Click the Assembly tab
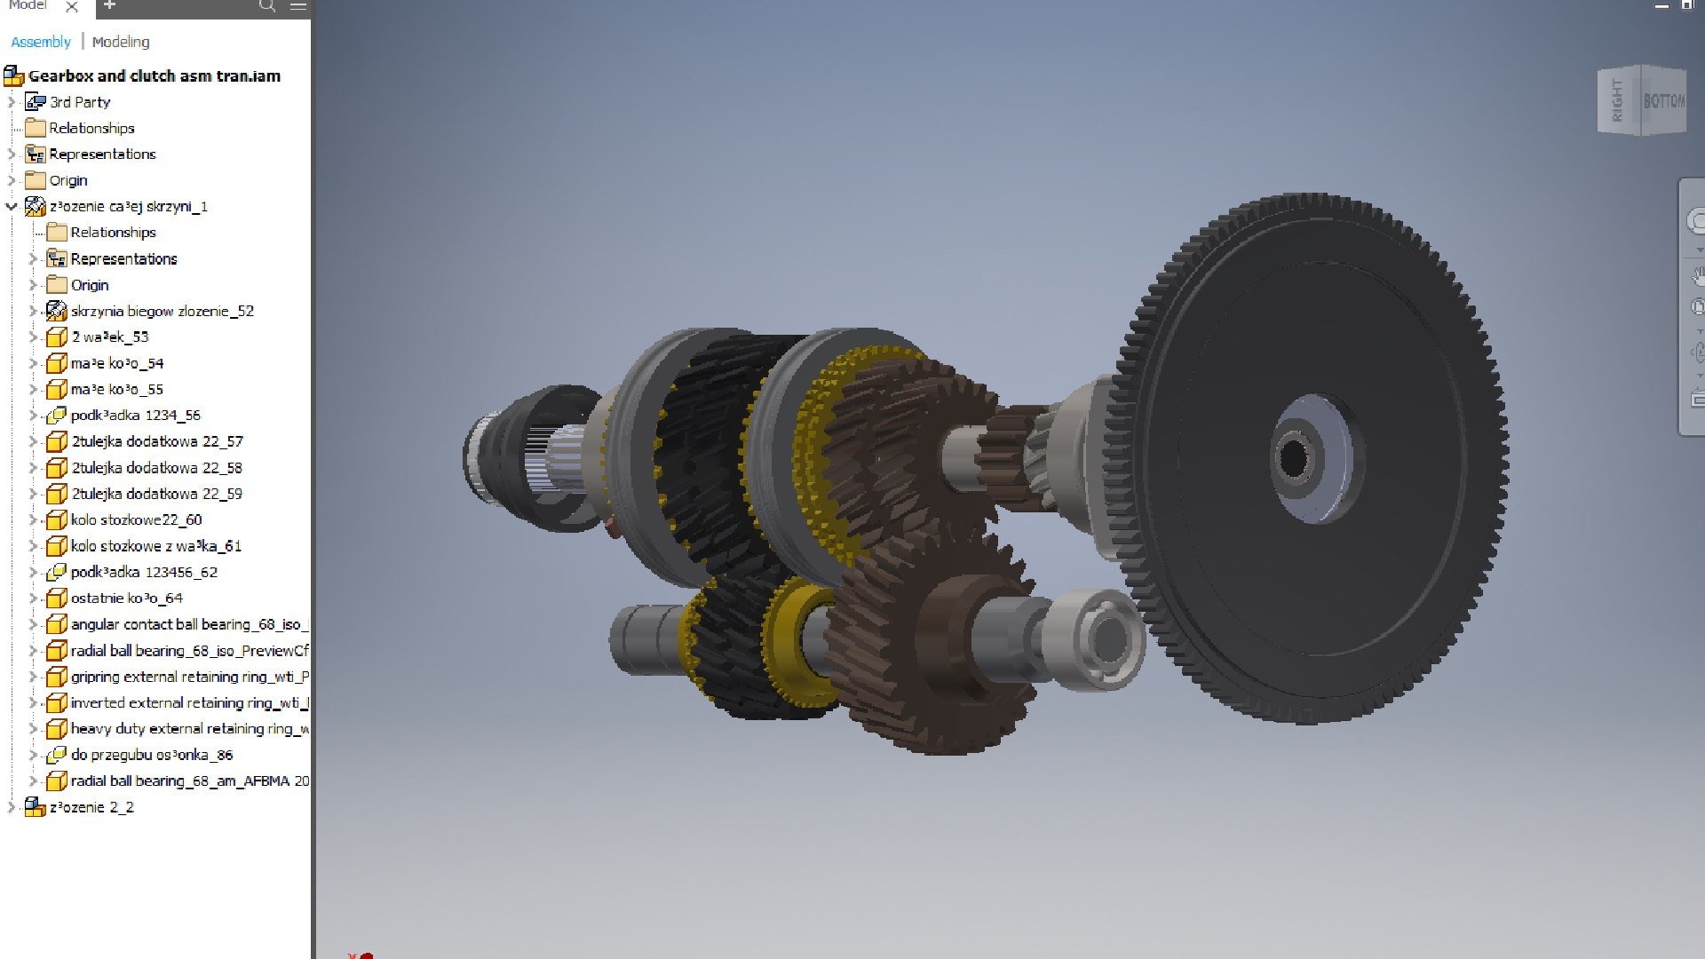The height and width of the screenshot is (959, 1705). (x=41, y=42)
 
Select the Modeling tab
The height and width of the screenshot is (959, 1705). (x=121, y=42)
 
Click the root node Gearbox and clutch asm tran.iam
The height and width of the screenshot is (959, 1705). (x=154, y=76)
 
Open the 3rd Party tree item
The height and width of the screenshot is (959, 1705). (x=80, y=102)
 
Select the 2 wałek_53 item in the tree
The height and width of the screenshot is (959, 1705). (x=110, y=337)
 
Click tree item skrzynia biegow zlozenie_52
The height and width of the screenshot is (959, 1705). (x=162, y=312)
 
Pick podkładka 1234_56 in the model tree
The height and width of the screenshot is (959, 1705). (x=135, y=416)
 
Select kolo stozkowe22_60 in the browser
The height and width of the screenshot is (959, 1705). (x=136, y=520)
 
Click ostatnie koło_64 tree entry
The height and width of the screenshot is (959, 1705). (x=126, y=598)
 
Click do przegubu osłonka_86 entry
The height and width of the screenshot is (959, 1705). (x=151, y=756)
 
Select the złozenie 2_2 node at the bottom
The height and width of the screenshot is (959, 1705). (x=91, y=808)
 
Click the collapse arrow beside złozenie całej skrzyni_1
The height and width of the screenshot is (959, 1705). (x=12, y=207)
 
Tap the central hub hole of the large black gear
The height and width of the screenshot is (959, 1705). (x=1294, y=458)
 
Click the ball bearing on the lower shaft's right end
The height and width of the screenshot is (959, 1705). (x=1101, y=638)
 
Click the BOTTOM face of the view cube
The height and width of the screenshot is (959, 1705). (x=1662, y=101)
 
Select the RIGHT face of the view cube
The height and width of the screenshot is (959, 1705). (x=1617, y=101)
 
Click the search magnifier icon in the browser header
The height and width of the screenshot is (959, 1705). (x=266, y=6)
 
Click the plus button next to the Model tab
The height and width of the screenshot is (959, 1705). (x=109, y=5)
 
